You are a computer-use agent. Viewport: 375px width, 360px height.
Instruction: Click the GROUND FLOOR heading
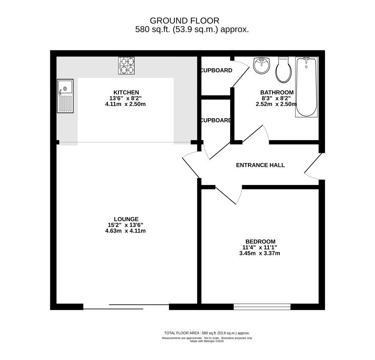pos(185,21)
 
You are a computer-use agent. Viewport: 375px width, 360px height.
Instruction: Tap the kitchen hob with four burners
pos(126,65)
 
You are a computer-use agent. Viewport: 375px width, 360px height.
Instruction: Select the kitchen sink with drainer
pos(65,96)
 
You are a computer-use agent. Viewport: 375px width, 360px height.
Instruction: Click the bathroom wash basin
pos(262,65)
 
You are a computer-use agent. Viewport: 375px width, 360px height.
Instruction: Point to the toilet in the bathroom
pos(284,69)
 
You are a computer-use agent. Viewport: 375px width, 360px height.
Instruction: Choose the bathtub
pos(306,87)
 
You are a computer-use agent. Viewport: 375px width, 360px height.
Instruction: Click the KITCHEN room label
pos(126,92)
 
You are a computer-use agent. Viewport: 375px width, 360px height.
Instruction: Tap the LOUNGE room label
pos(126,219)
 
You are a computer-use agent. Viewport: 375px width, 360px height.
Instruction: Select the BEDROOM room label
pos(260,241)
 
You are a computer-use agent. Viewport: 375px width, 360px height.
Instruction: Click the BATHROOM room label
pos(277,92)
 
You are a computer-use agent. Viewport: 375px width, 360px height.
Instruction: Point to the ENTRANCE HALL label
pos(260,165)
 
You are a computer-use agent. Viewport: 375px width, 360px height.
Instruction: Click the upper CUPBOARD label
pos(216,70)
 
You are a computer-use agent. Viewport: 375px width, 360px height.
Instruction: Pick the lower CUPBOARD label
pos(216,120)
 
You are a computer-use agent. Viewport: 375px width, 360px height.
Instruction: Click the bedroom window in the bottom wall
pos(262,307)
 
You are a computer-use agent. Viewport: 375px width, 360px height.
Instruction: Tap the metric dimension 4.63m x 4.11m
pos(126,231)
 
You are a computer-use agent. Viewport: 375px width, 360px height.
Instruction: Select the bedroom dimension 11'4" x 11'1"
pos(260,247)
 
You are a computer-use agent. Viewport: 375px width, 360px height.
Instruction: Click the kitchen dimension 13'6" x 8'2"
pos(126,98)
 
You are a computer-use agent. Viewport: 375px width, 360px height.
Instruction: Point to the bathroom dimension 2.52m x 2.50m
pos(276,104)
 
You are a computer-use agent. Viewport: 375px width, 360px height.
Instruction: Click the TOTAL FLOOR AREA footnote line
pos(207,333)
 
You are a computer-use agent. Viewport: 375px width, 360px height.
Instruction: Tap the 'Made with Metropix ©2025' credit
pos(207,341)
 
